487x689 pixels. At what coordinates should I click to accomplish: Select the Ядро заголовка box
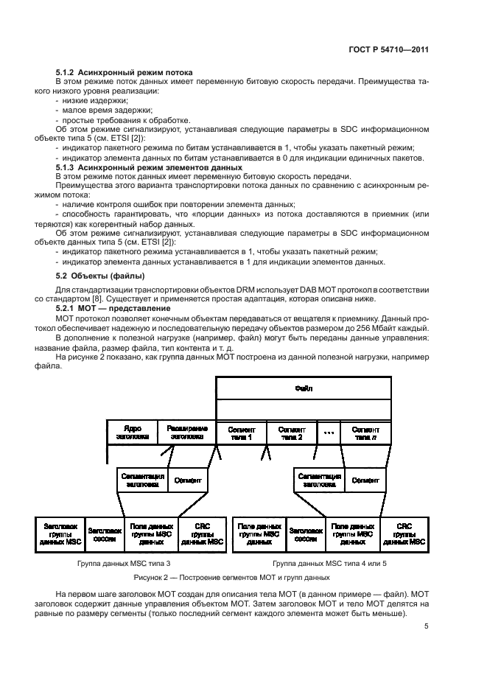[133, 432]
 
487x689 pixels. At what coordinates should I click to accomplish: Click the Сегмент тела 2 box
[290, 432]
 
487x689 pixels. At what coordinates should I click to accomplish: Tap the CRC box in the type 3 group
[201, 534]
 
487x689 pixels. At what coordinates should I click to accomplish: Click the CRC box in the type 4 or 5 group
[404, 534]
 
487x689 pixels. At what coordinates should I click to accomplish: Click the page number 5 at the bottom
[427, 627]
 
